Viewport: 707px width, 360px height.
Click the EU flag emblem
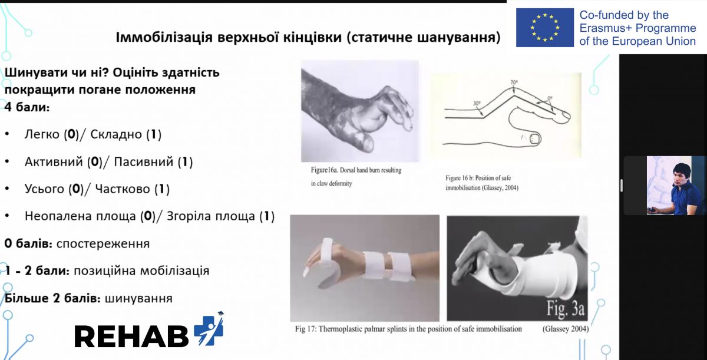tap(545, 28)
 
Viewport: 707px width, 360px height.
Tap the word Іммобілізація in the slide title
tap(164, 37)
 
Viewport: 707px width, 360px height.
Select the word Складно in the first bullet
tap(116, 134)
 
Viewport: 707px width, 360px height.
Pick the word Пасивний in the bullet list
tap(144, 162)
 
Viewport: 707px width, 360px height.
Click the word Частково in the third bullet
tap(123, 189)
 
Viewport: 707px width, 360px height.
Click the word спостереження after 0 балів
tap(103, 244)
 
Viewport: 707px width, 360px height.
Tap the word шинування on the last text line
tap(138, 299)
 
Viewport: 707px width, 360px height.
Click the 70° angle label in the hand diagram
tap(514, 82)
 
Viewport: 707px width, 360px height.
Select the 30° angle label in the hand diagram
tap(477, 103)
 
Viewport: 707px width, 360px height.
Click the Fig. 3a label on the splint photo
tap(566, 309)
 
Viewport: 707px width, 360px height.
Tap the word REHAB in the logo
tap(131, 336)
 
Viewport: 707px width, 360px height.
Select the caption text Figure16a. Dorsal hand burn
tap(356, 170)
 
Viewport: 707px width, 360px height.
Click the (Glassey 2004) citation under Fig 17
tap(566, 329)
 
